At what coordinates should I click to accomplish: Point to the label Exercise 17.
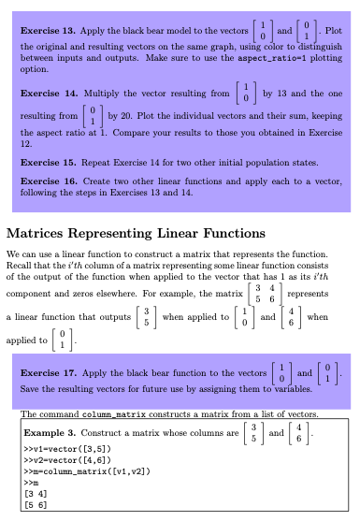[x=47, y=371]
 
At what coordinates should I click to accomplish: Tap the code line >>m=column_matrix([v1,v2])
[x=76, y=480]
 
